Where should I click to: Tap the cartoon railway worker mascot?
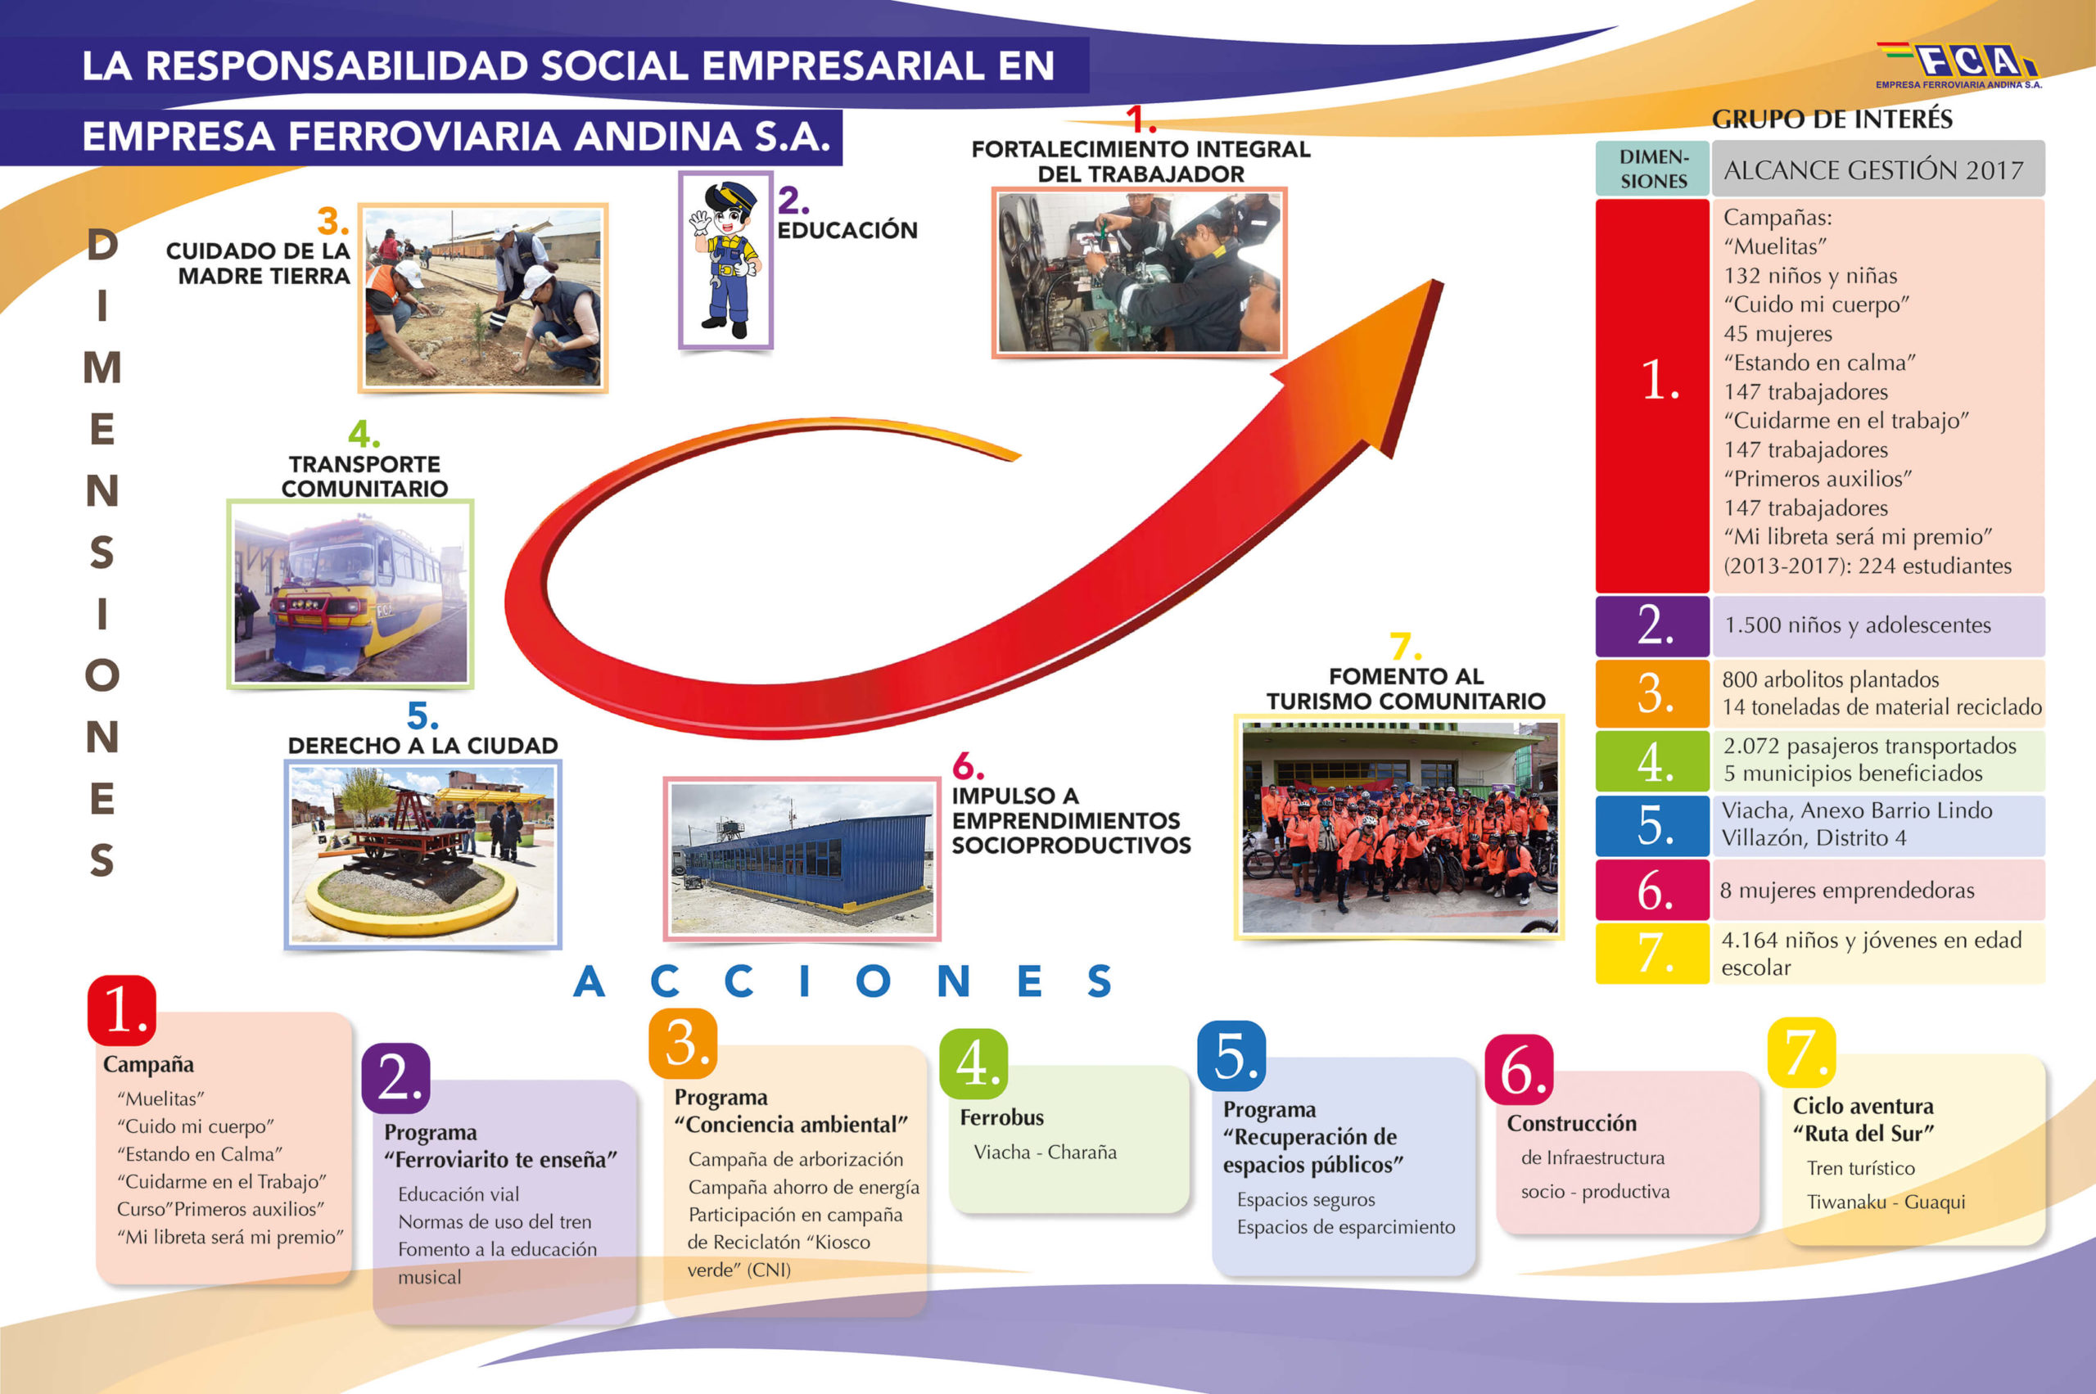click(725, 259)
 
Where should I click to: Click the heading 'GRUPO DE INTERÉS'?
click(1832, 120)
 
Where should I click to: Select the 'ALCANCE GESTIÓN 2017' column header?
click(1877, 169)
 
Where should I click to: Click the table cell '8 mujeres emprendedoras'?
click(1877, 890)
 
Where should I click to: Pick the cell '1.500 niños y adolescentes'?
click(1877, 626)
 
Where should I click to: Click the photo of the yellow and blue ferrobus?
click(350, 594)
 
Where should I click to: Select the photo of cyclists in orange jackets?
click(1398, 827)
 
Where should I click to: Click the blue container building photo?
click(802, 859)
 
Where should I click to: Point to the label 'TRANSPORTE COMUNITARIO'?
click(364, 476)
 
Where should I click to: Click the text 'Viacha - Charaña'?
click(1045, 1153)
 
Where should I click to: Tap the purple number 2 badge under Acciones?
click(395, 1078)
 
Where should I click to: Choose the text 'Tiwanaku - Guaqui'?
click(1886, 1202)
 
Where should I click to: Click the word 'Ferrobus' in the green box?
click(1001, 1117)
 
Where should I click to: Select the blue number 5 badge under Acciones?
click(1231, 1056)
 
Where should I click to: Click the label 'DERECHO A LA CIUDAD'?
click(422, 746)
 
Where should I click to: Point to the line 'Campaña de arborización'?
click(795, 1159)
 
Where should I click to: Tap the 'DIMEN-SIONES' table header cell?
click(1652, 169)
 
